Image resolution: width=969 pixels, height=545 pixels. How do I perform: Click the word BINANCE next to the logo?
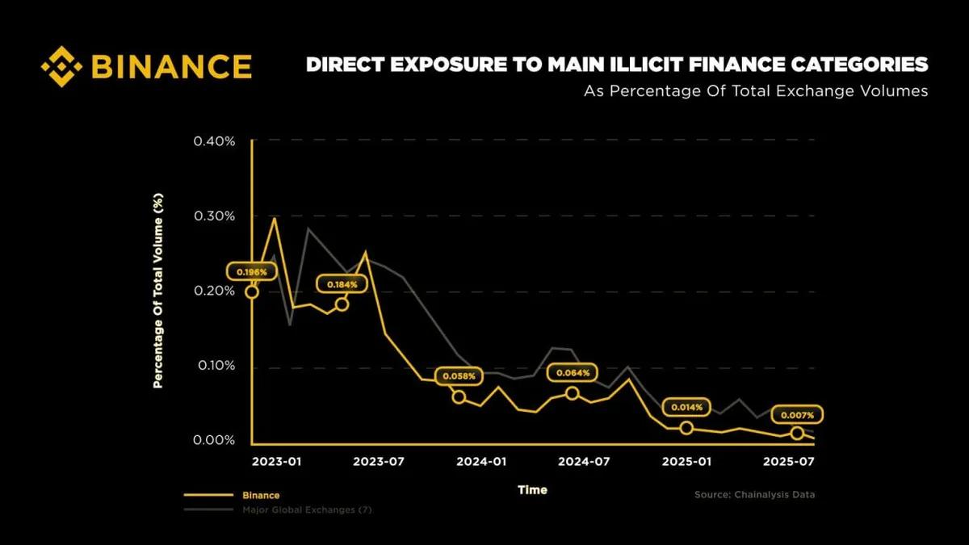pyautogui.click(x=171, y=66)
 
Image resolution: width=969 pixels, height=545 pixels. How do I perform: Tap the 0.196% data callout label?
pyautogui.click(x=252, y=272)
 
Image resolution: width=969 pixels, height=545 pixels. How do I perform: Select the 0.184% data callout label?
pyautogui.click(x=342, y=284)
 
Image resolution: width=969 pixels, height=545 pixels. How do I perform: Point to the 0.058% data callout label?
pyautogui.click(x=459, y=376)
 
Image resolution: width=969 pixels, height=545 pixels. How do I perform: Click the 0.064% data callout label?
pyautogui.click(x=573, y=373)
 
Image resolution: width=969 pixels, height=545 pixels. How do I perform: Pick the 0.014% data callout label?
pyautogui.click(x=687, y=408)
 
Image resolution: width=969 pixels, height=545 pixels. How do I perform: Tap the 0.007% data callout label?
pyautogui.click(x=797, y=415)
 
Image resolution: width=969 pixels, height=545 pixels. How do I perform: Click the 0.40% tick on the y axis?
pyautogui.click(x=214, y=141)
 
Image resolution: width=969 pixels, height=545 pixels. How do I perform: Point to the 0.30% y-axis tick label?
pyautogui.click(x=214, y=216)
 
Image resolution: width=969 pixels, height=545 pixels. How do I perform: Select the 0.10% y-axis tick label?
pyautogui.click(x=214, y=366)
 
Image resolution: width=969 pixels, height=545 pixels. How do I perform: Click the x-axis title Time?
pyautogui.click(x=532, y=489)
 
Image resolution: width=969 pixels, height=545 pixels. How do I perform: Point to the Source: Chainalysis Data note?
pyautogui.click(x=754, y=494)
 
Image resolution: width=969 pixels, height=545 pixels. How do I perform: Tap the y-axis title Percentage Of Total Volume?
pyautogui.click(x=159, y=291)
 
